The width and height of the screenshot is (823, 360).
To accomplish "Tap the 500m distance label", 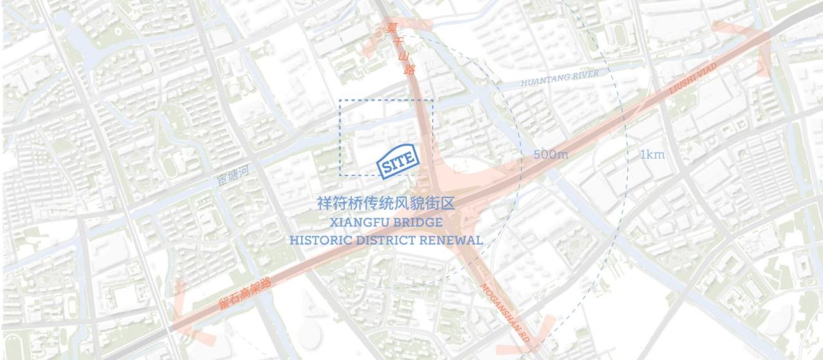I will pos(550,155).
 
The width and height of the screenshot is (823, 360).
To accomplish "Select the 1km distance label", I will pos(652,154).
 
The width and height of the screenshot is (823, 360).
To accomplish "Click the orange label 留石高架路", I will pos(245,294).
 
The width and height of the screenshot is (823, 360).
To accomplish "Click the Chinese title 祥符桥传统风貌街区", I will pos(386,204).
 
